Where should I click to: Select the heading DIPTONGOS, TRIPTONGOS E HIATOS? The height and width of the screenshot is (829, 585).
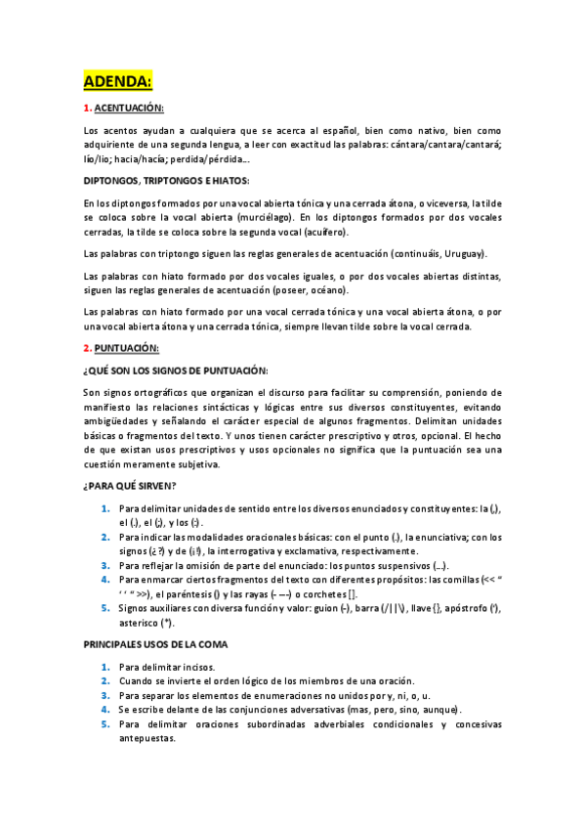[x=166, y=181]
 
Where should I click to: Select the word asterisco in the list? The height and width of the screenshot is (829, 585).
[x=144, y=622]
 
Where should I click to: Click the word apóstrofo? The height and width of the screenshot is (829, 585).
[x=463, y=607]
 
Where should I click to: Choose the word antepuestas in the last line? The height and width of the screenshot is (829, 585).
[x=146, y=739]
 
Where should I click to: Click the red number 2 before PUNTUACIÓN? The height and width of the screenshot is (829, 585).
[x=87, y=348]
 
